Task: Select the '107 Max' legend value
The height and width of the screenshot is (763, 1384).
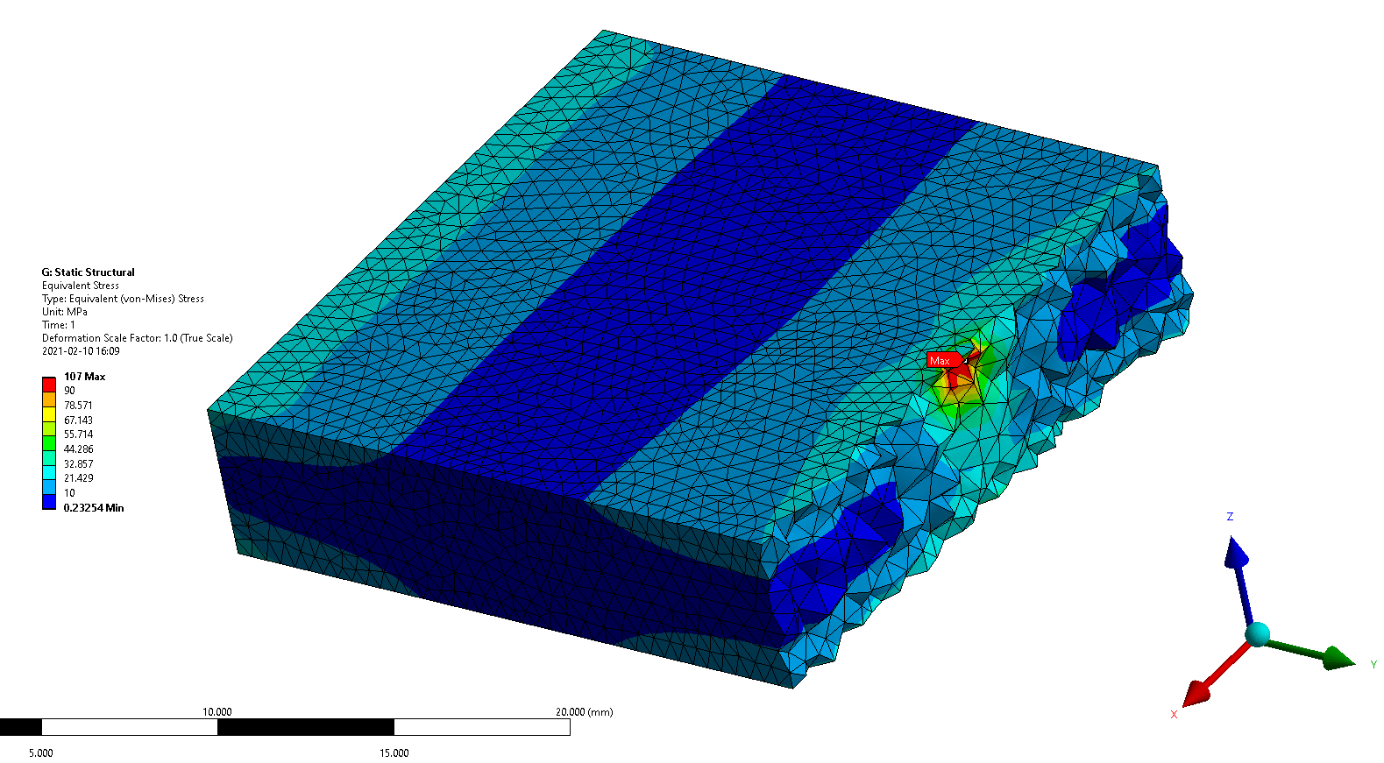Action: click(x=85, y=377)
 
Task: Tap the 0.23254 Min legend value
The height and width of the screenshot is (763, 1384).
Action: click(x=94, y=508)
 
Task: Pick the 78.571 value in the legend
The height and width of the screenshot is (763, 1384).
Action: click(x=79, y=406)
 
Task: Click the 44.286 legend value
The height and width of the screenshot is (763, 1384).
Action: click(x=79, y=449)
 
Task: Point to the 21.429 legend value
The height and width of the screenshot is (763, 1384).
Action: click(x=79, y=478)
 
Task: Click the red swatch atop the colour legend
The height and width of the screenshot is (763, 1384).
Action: click(x=49, y=384)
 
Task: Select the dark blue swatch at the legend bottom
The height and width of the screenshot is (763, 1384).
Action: click(x=49, y=502)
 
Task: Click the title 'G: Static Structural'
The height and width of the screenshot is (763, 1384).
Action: click(x=88, y=272)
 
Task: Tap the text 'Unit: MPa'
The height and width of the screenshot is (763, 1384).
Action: click(x=64, y=312)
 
